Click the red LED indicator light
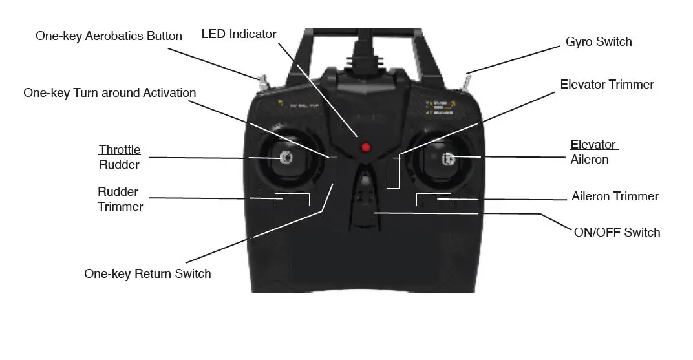coord(366,147)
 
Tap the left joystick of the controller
coord(286,156)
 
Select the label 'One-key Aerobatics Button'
coord(109,36)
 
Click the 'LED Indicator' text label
coord(239,34)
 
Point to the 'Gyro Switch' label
coord(599,42)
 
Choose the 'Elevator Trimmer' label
coord(607,85)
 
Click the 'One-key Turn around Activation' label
coord(109,93)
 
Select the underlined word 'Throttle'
coord(120,150)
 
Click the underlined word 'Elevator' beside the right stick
coord(593,145)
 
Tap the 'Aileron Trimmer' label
coord(615,196)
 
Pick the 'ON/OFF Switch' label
coord(617,233)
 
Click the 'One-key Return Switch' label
coord(147,273)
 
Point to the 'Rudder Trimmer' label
coord(120,199)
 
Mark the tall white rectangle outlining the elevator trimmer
coord(393,171)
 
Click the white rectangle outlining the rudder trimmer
coord(292,199)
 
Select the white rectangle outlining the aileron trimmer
coord(433,199)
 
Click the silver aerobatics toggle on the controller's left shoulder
coord(263,83)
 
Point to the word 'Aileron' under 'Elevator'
coord(590,160)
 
